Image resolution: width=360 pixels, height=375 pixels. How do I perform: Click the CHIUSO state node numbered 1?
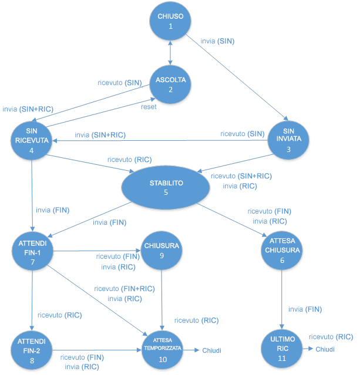click(x=170, y=21)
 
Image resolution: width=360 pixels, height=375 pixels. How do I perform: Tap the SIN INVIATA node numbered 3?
click(x=288, y=139)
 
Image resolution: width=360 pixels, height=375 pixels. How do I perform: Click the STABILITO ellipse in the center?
click(x=166, y=187)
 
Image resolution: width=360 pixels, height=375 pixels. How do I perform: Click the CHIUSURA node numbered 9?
click(x=161, y=251)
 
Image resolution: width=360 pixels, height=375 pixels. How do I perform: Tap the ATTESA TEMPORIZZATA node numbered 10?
click(x=163, y=349)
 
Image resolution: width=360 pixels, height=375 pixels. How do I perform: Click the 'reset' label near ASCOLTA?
click(x=149, y=107)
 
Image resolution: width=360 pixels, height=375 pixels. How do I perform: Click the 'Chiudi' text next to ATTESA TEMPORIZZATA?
click(x=211, y=350)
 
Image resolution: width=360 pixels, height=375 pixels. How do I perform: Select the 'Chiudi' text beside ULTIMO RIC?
click(x=325, y=349)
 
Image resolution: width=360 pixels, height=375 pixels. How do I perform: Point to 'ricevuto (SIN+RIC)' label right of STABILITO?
click(x=241, y=175)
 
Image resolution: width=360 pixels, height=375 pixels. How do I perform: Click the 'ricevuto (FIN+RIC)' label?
click(x=124, y=288)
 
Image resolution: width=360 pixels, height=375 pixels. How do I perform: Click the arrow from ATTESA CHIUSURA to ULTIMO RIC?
click(x=282, y=299)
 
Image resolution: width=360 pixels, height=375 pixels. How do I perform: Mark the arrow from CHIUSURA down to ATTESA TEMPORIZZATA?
click(x=162, y=299)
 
